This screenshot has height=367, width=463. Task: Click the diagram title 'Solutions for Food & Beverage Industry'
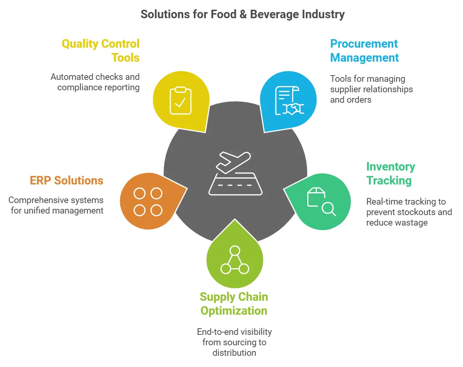[243, 15]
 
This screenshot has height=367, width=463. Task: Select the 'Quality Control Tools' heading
[101, 51]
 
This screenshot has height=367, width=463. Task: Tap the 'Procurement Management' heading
[364, 51]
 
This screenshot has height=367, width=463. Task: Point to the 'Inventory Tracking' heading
[391, 174]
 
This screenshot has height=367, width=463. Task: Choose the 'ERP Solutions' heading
[67, 181]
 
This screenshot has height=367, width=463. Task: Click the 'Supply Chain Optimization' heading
[234, 304]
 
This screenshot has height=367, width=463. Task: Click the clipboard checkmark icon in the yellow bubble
[180, 101]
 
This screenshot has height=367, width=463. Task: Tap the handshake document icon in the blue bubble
[289, 101]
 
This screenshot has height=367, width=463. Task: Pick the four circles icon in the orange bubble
[148, 202]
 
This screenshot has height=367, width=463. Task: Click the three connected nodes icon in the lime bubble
[234, 260]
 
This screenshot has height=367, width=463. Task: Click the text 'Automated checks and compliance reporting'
[95, 82]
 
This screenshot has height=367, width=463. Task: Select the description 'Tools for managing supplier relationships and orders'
[371, 89]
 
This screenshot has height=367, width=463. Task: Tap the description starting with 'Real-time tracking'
[409, 212]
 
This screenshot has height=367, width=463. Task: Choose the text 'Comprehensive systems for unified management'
[56, 205]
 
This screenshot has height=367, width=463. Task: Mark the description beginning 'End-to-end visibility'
[234, 342]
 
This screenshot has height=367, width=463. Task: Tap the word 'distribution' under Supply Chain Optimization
[234, 353]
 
